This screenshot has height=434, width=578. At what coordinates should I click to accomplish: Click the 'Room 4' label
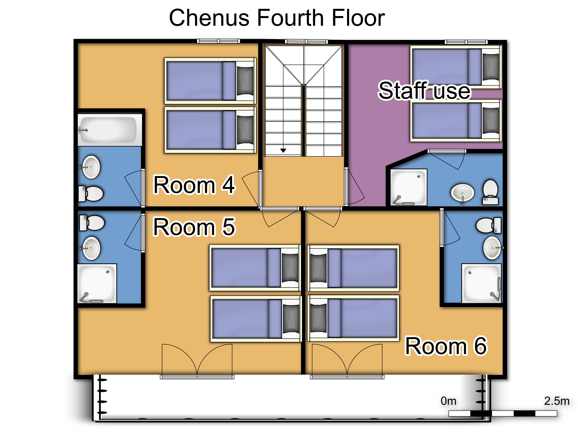click(194, 185)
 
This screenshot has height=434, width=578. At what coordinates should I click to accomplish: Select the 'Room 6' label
click(446, 346)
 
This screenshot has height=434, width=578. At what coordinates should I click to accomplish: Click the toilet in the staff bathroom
click(490, 192)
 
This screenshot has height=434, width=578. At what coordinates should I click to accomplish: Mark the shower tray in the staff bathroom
click(409, 187)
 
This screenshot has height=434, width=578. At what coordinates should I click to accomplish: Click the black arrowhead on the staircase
click(283, 150)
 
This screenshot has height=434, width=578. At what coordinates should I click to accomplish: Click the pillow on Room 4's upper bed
click(245, 81)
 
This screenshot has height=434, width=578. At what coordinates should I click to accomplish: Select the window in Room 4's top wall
click(218, 41)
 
